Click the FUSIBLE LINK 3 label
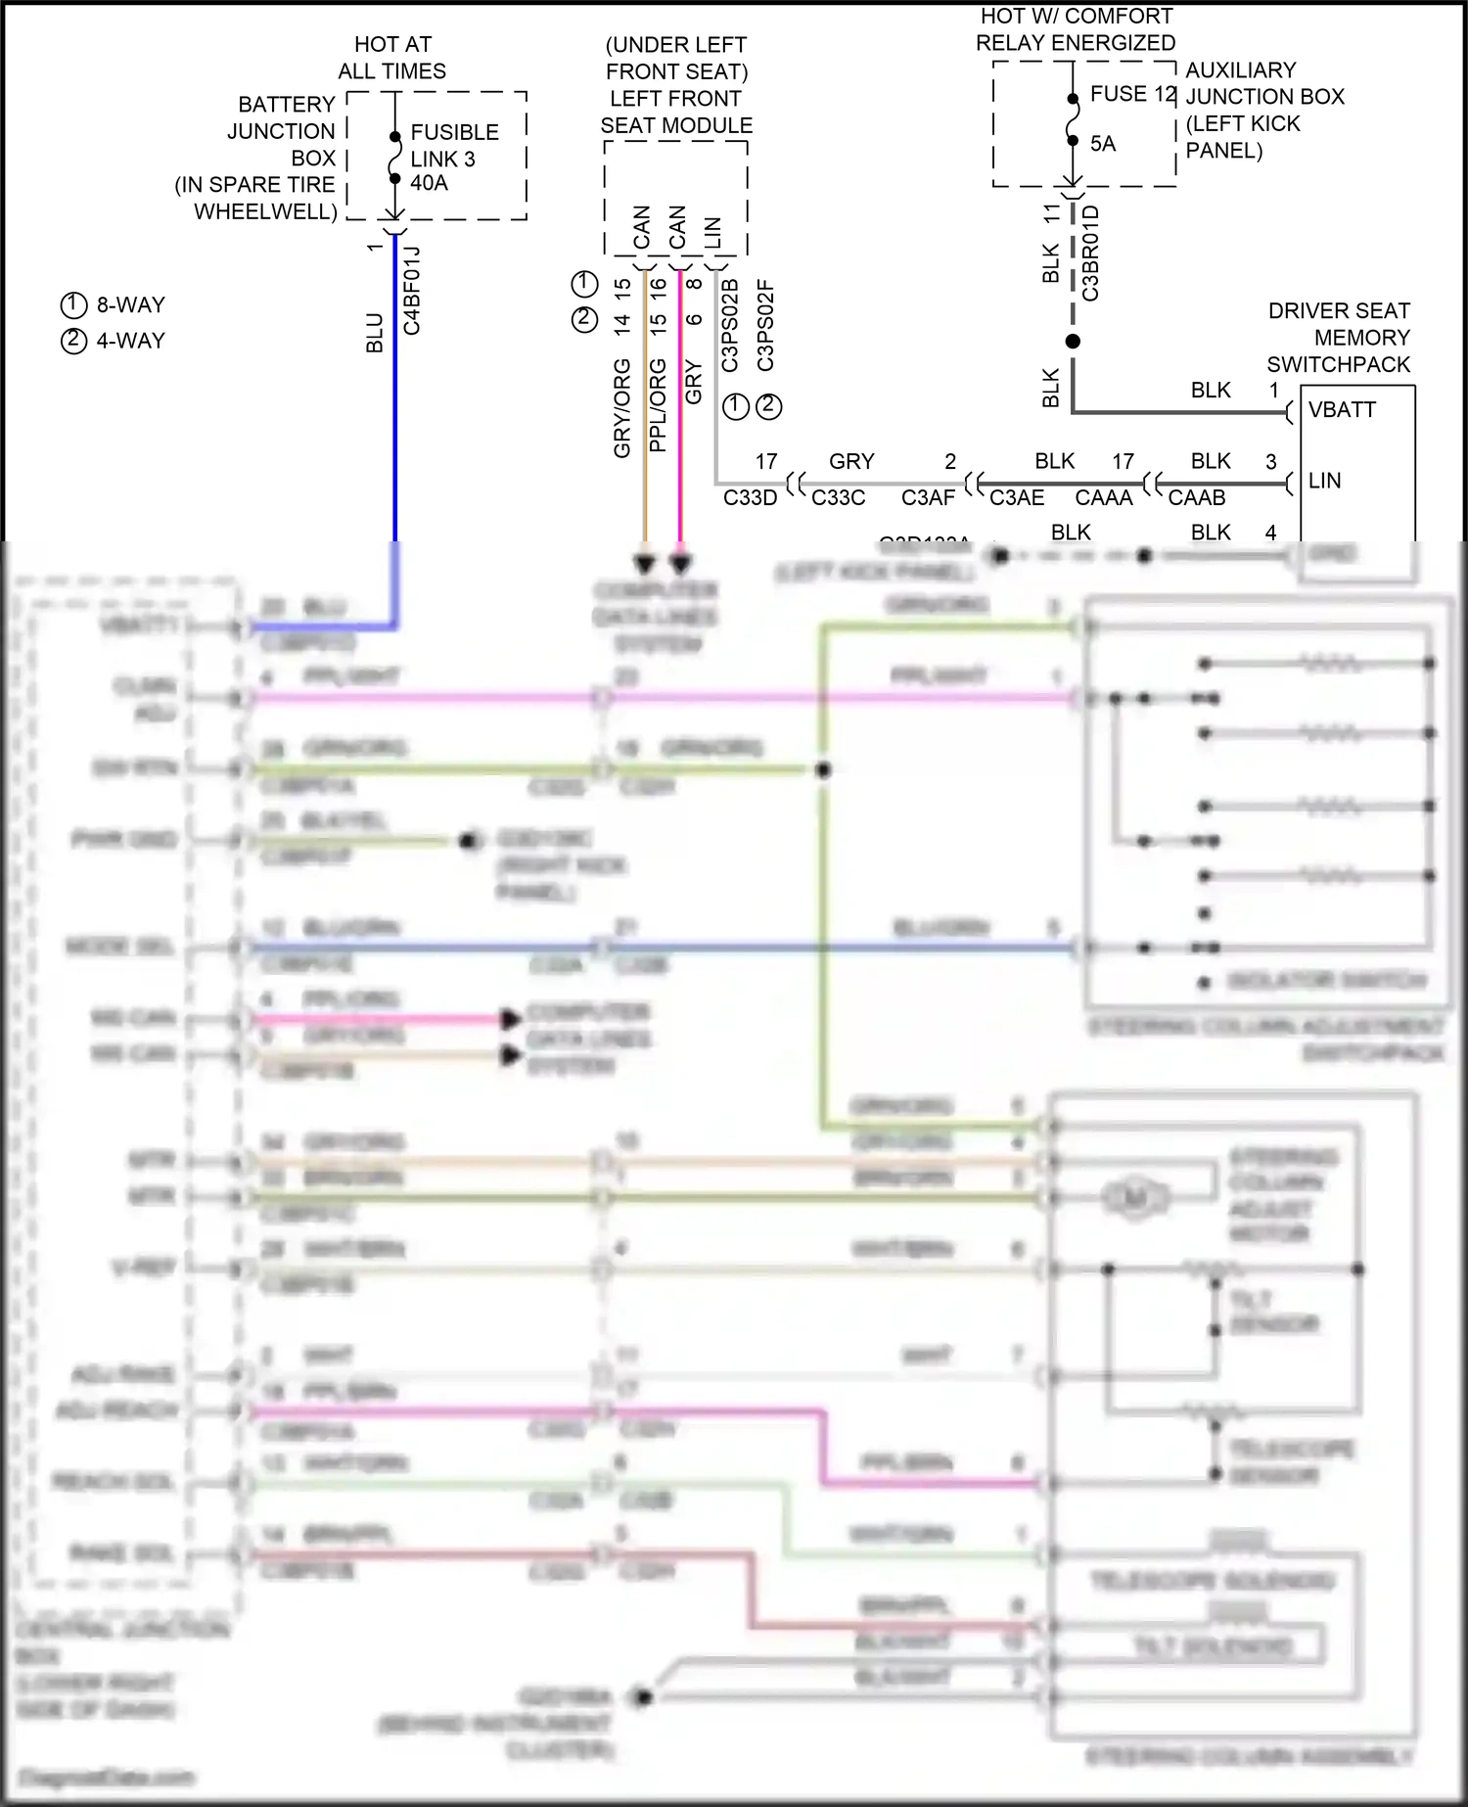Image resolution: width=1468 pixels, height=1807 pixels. pyautogui.click(x=453, y=145)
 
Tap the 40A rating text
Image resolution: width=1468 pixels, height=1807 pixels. pyautogui.click(x=429, y=183)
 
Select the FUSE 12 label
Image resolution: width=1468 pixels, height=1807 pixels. pyautogui.click(x=1132, y=94)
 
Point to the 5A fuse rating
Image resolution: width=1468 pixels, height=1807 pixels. pyautogui.click(x=1103, y=144)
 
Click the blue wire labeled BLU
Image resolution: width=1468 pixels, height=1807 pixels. pyautogui.click(x=394, y=392)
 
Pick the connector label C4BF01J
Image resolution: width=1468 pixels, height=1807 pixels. pyautogui.click(x=412, y=291)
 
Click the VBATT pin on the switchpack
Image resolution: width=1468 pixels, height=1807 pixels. pyautogui.click(x=1342, y=410)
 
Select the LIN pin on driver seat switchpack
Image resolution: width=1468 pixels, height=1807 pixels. pyautogui.click(x=1324, y=481)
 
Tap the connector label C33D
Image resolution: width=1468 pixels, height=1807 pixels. pyautogui.click(x=750, y=497)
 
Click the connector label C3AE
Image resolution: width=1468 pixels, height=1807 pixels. pyautogui.click(x=1016, y=497)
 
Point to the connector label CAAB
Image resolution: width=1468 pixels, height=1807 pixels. pyautogui.click(x=1196, y=497)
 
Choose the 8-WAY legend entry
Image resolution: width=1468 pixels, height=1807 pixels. pyautogui.click(x=114, y=304)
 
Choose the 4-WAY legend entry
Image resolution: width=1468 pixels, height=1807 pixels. pyautogui.click(x=114, y=341)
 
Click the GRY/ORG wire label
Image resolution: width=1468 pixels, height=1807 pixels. pyautogui.click(x=621, y=408)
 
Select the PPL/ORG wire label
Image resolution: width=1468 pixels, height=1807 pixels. pyautogui.click(x=658, y=405)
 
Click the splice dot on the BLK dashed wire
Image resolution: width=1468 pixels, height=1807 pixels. pyautogui.click(x=1073, y=341)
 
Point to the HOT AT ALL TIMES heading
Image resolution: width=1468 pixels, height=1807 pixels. pyautogui.click(x=391, y=58)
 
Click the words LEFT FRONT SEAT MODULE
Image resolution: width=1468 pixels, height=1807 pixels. pyautogui.click(x=675, y=112)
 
